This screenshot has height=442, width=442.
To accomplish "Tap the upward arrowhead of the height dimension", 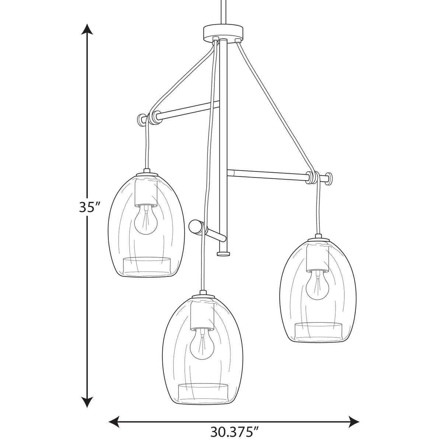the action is coord(87,29).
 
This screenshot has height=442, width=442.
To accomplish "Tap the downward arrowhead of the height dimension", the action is coord(87,363).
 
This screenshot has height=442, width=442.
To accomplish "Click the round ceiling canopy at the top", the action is coord(224,33).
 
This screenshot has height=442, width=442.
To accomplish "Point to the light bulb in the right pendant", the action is coord(318,285).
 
